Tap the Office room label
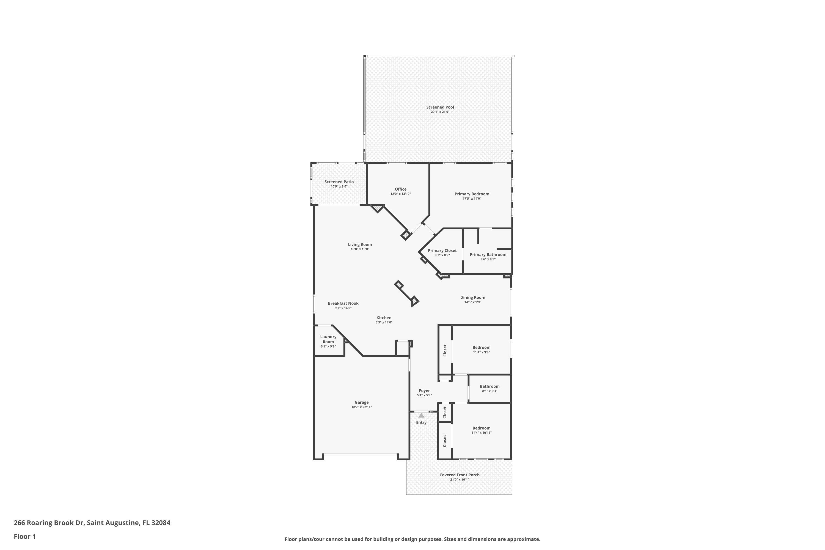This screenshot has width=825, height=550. coord(401,189)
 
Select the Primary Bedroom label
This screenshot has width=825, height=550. coord(472,194)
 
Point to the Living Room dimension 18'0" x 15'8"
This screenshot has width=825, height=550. coord(360,249)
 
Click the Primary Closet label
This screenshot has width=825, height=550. coord(442,251)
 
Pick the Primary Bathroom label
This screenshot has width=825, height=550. coord(488,255)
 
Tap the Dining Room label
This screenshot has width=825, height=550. coord(472,298)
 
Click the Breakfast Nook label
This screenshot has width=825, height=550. coord(343,303)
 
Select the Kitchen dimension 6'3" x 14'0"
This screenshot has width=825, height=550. coord(384,322)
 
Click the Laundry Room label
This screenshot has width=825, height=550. coord(328,339)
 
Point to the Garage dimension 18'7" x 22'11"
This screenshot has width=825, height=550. coord(362,407)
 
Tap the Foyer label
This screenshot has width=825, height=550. coord(424,391)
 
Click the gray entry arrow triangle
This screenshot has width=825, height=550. coord(421,416)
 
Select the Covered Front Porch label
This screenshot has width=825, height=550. coord(460,475)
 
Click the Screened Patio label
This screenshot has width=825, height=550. coord(339,182)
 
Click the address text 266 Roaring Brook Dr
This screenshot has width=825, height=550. coord(49,523)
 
